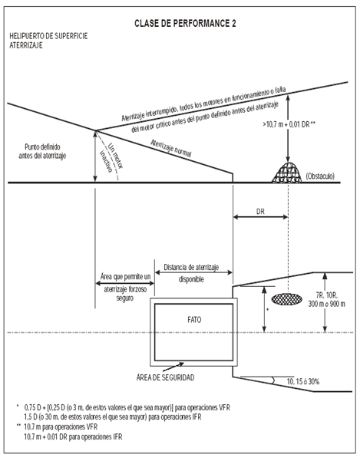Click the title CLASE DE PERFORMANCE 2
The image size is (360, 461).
pyautogui.click(x=185, y=24)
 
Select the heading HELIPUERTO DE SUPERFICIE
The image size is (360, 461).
pyautogui.click(x=48, y=36)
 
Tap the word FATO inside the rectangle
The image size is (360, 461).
pyautogui.click(x=194, y=320)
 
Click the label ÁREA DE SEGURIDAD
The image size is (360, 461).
pyautogui.click(x=165, y=377)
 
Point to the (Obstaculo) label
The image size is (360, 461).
pyautogui.click(x=320, y=176)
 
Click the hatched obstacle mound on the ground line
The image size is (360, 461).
pyautogui.click(x=287, y=173)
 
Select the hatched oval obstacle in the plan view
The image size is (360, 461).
pyautogui.click(x=286, y=299)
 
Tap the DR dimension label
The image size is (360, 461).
pyautogui.click(x=260, y=212)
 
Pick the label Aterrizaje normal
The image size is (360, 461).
pyautogui.click(x=171, y=149)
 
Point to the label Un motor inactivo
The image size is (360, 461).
pyautogui.click(x=111, y=157)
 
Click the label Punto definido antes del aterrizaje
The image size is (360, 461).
pyautogui.click(x=42, y=151)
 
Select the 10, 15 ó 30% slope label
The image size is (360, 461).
pyautogui.click(x=303, y=382)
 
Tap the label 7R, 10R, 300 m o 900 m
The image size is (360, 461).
pyautogui.click(x=326, y=300)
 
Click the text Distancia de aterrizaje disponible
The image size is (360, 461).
pyautogui.click(x=191, y=273)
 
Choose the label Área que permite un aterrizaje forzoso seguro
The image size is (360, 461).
pyautogui.click(x=125, y=288)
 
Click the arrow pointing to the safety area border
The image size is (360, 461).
pyautogui.click(x=173, y=367)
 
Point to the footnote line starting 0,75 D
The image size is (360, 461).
pyautogui.click(x=127, y=407)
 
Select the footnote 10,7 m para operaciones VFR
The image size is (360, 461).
pyautogui.click(x=61, y=426)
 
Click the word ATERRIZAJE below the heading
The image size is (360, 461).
pyautogui.click(x=26, y=45)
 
